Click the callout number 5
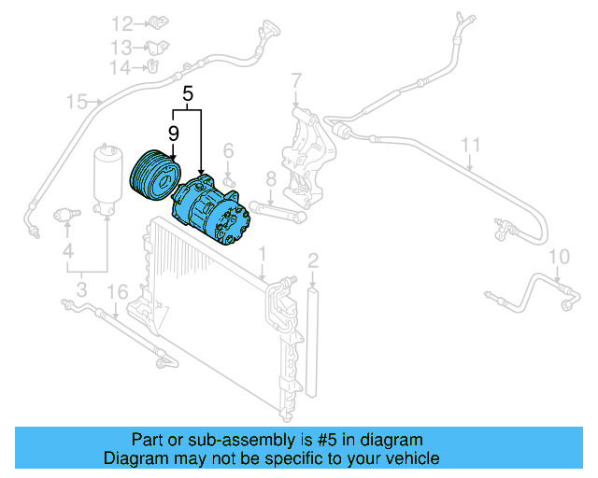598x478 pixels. click(188, 93)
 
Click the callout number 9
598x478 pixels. click(173, 133)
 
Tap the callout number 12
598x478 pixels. click(123, 23)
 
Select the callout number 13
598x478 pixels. click(123, 47)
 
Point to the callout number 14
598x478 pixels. click(120, 67)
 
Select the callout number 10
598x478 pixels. click(558, 257)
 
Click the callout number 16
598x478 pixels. click(115, 293)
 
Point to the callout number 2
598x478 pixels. click(313, 260)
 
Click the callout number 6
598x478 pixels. click(227, 149)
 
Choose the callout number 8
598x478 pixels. click(270, 179)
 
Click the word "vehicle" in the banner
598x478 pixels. click(406, 458)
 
